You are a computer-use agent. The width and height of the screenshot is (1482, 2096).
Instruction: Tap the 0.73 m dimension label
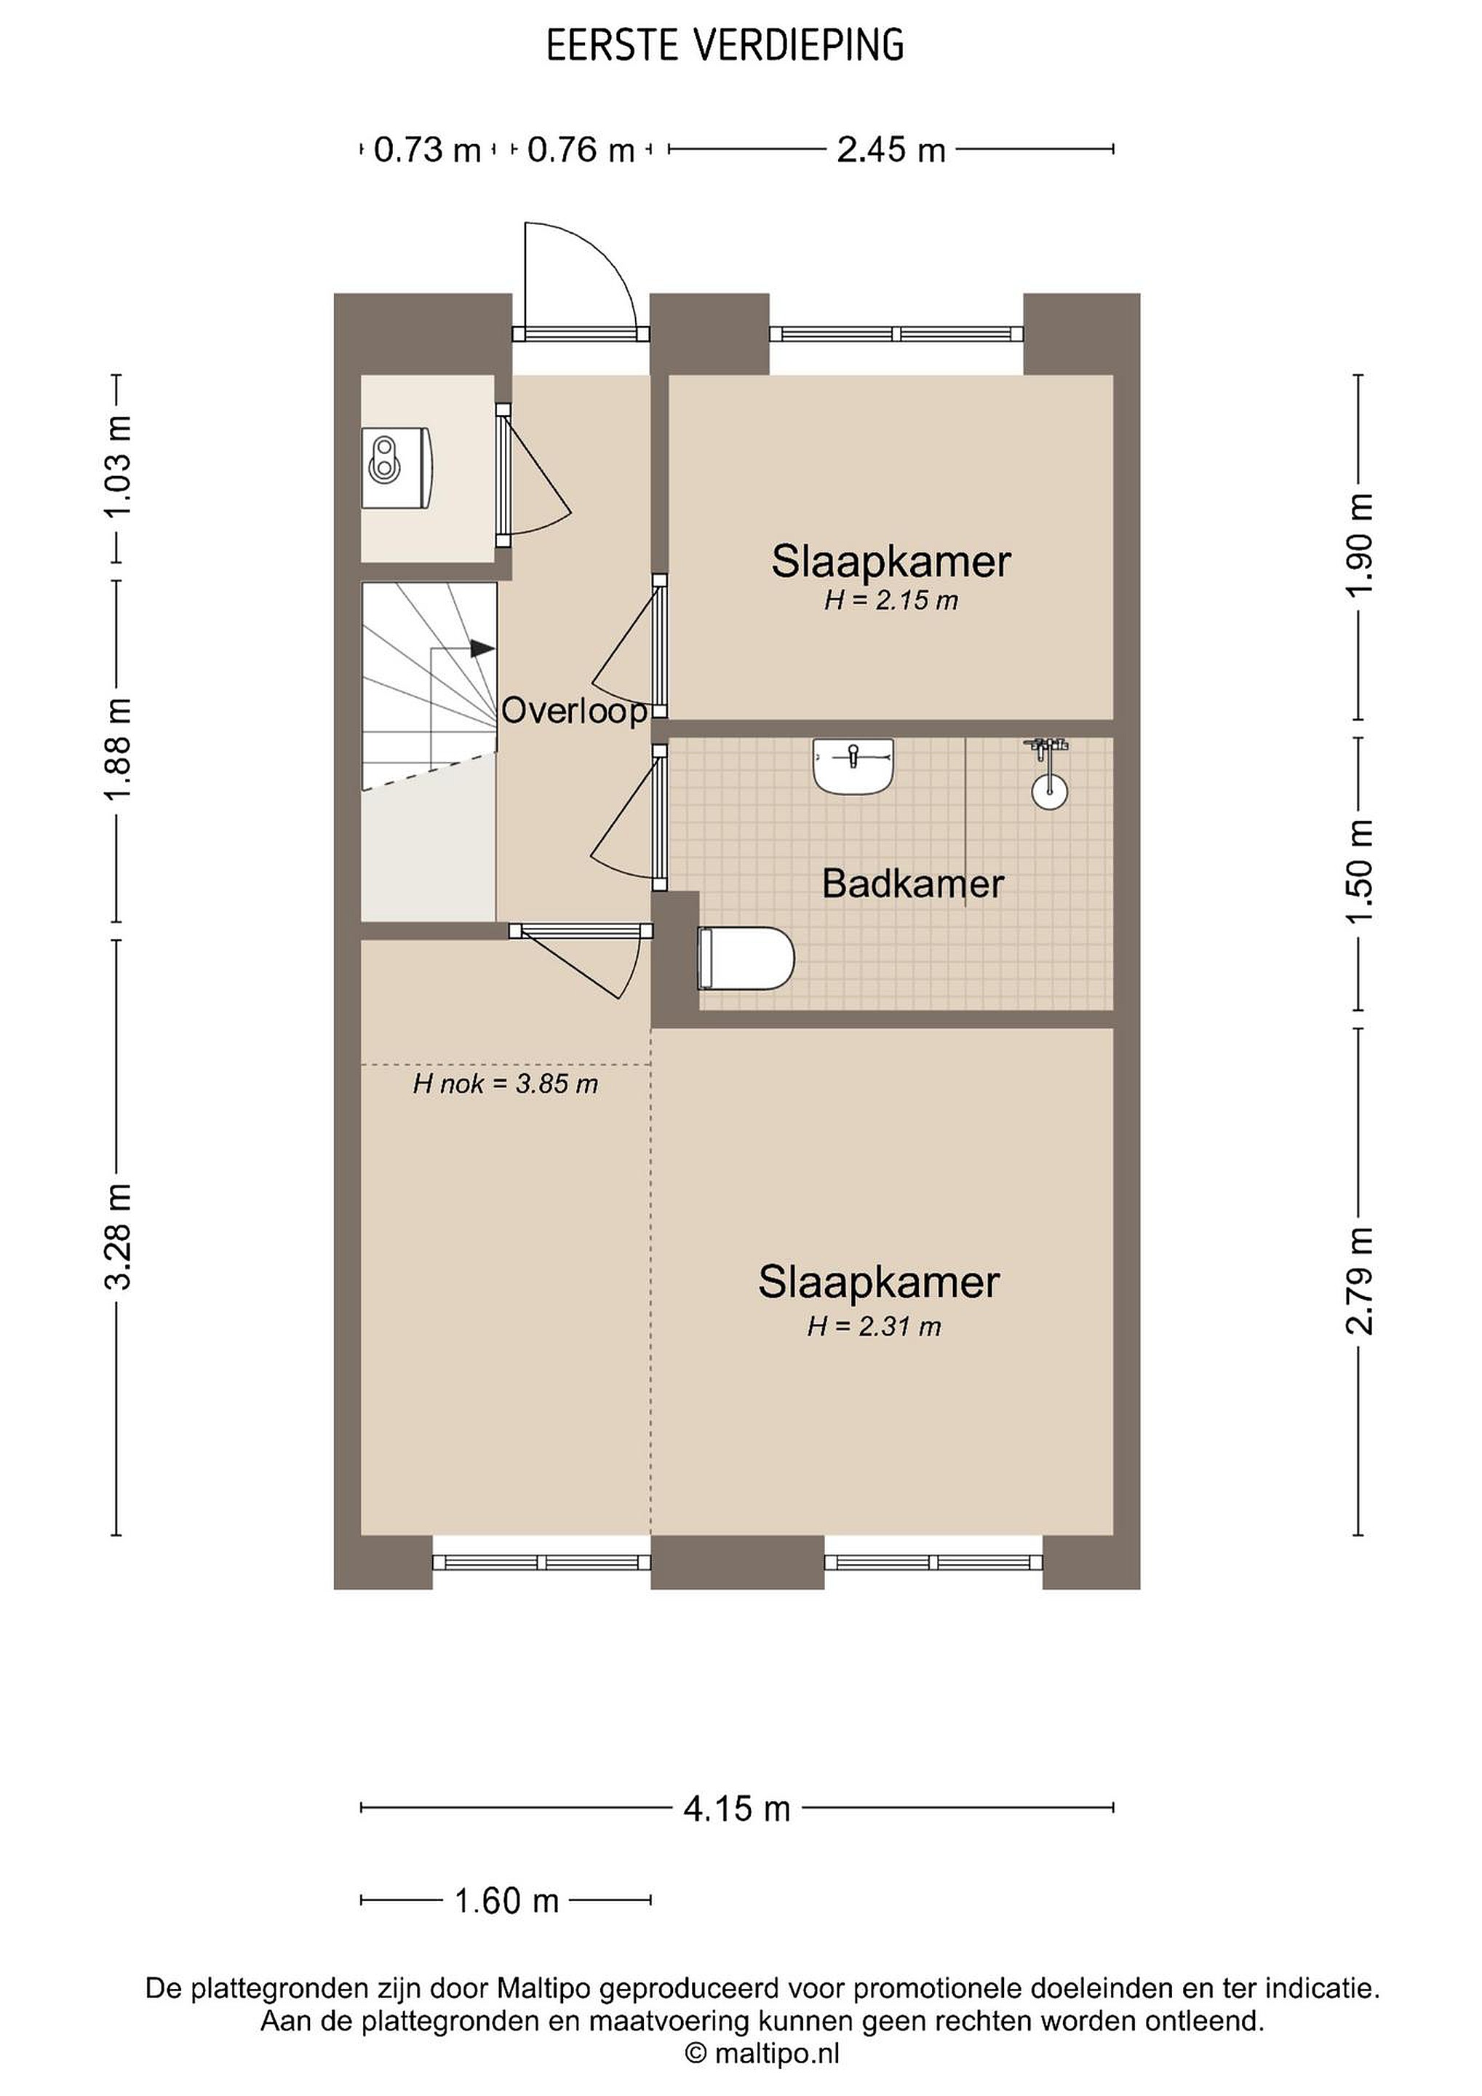427,150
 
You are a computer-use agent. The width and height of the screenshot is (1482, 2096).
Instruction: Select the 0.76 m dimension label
581,150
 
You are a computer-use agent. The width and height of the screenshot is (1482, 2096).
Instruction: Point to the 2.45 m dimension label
891,150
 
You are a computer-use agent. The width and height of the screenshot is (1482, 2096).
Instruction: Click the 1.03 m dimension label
119,466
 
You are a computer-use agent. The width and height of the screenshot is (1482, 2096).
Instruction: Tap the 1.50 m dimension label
1360,871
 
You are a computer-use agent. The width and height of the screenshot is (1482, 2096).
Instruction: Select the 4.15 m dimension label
736,1809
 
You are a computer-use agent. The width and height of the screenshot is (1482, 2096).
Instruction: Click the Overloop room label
575,710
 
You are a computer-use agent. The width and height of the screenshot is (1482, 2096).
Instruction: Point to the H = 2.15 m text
891,600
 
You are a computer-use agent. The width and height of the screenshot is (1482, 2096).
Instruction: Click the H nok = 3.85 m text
506,1084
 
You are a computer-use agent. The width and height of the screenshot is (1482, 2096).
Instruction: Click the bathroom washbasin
853,766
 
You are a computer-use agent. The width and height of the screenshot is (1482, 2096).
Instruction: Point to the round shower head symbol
1049,790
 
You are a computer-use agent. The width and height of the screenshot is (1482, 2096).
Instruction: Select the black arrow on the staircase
482,649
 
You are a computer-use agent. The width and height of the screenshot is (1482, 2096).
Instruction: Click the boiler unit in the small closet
398,467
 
